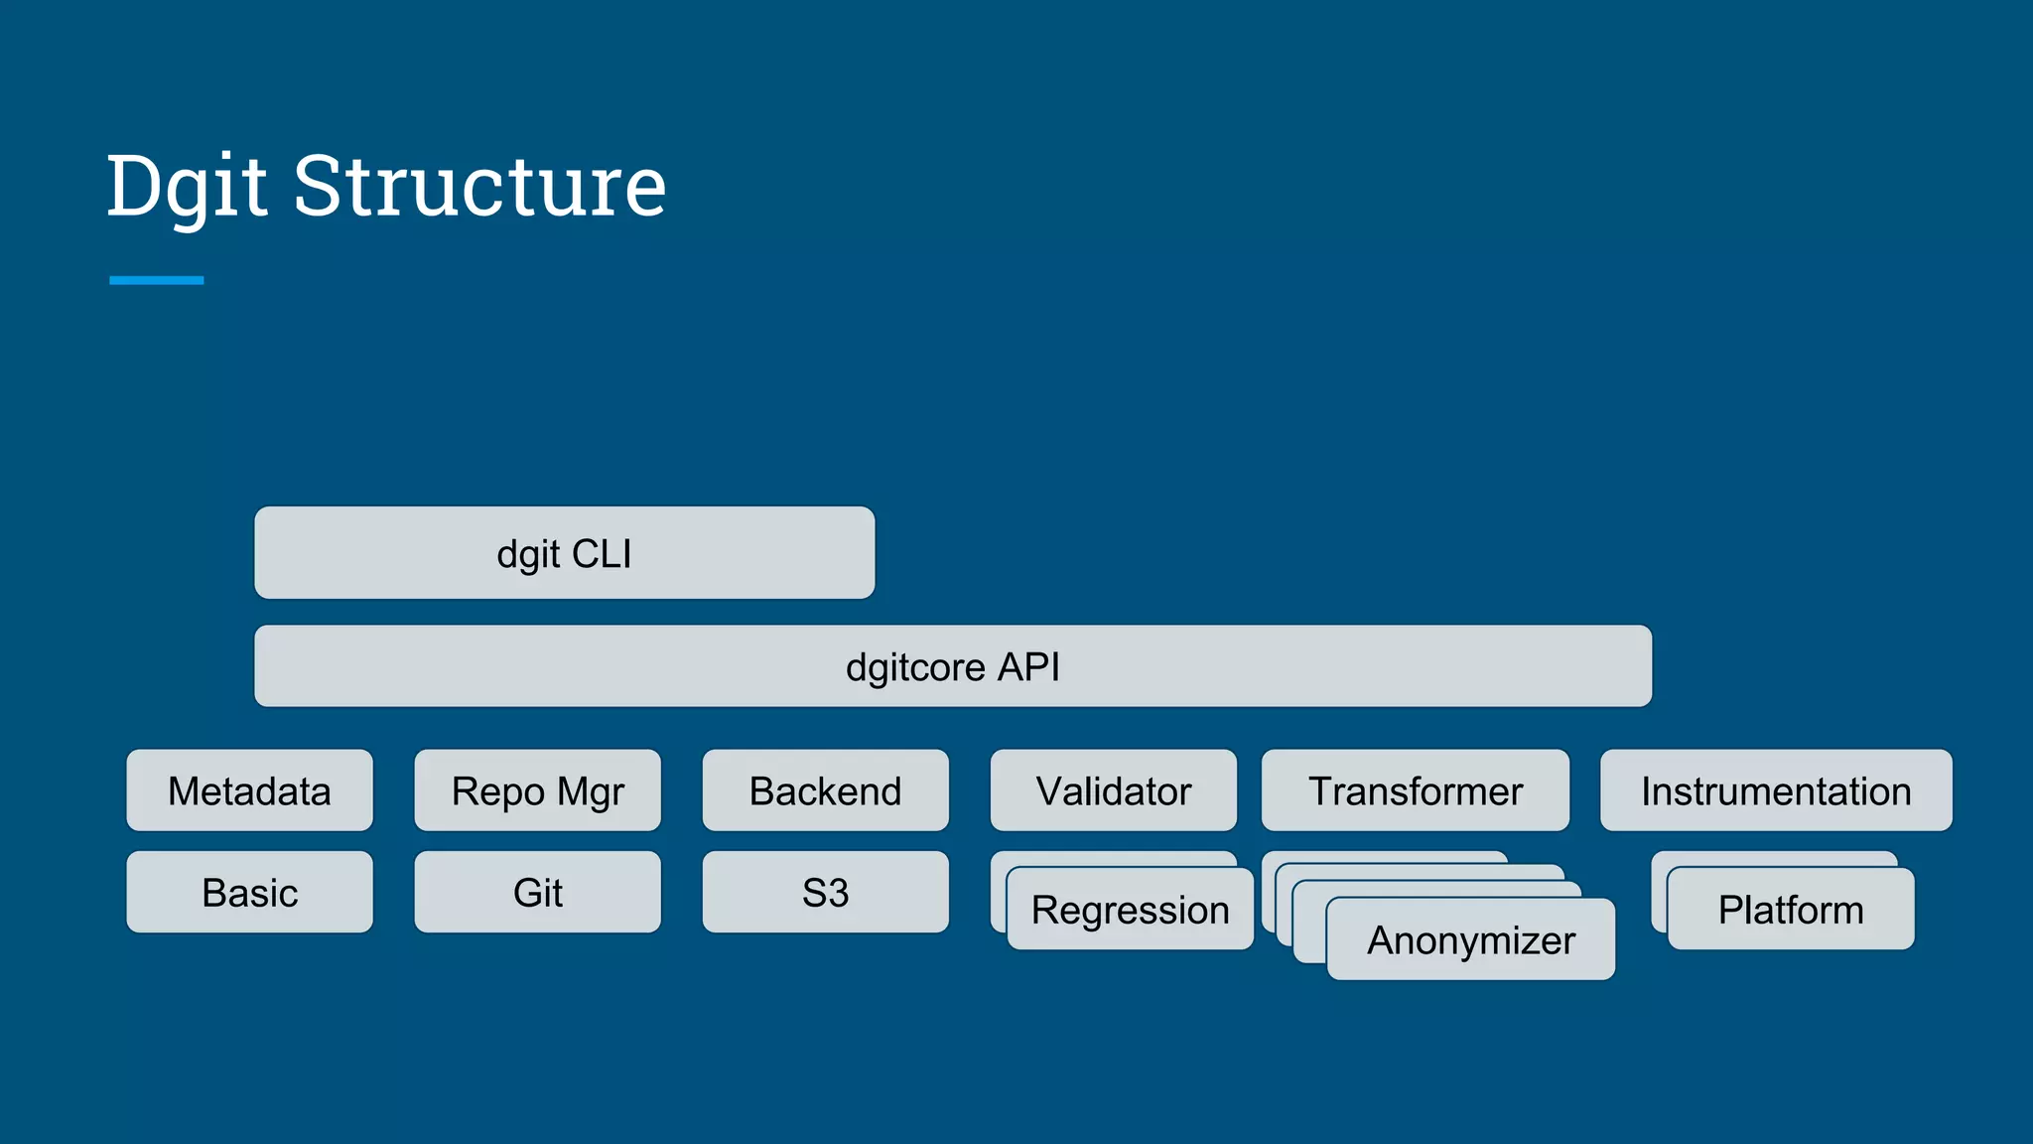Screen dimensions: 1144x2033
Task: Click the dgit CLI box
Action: point(564,553)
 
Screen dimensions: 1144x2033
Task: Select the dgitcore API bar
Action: point(953,666)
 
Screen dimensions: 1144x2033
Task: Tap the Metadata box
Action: point(249,790)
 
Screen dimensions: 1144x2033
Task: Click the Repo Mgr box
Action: point(537,790)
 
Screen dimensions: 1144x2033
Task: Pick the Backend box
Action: point(825,790)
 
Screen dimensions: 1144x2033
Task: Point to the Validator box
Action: point(1113,790)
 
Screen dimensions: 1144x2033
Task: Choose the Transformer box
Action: point(1415,790)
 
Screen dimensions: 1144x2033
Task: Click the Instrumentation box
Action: point(1775,790)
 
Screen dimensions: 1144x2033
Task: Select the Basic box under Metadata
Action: point(249,892)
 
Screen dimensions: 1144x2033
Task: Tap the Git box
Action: point(537,892)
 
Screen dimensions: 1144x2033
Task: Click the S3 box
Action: point(825,892)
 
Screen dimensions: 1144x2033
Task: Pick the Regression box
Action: point(1130,910)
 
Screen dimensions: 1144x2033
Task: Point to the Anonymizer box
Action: point(1470,939)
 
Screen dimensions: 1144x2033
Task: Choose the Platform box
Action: point(1790,910)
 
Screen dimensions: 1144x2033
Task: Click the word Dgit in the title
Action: point(187,187)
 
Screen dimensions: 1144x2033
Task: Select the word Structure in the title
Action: point(478,187)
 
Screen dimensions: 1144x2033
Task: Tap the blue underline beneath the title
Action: point(156,280)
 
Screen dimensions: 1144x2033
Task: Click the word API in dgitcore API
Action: point(1027,666)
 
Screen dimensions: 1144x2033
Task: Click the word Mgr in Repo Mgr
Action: point(591,792)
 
